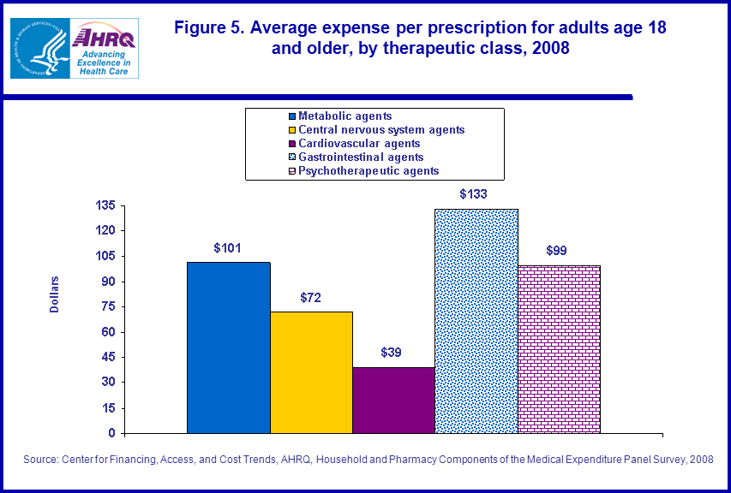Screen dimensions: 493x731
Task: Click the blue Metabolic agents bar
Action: pyautogui.click(x=229, y=347)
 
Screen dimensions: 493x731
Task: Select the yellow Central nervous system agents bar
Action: pyautogui.click(x=311, y=372)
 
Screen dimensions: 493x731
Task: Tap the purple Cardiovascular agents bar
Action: pyautogui.click(x=393, y=400)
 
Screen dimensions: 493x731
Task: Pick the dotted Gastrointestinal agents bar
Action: pyautogui.click(x=476, y=321)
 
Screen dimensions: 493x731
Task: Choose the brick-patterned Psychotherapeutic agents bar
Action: pyautogui.click(x=559, y=349)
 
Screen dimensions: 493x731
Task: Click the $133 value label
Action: pyautogui.click(x=473, y=194)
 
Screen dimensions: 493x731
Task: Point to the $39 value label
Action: pyautogui.click(x=392, y=353)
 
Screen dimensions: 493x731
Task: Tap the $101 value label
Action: pyautogui.click(x=227, y=248)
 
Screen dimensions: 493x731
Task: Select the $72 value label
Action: pyautogui.click(x=310, y=297)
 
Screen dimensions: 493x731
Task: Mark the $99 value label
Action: pyautogui.click(x=556, y=251)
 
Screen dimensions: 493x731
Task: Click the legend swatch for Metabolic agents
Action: pyautogui.click(x=291, y=116)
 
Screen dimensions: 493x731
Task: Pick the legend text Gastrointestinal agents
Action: pyautogui.click(x=361, y=157)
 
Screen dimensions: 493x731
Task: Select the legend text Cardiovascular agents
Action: pyautogui.click(x=359, y=144)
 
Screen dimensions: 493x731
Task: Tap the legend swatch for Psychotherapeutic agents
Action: pyautogui.click(x=291, y=171)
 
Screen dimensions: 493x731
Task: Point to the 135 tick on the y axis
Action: pyautogui.click(x=105, y=206)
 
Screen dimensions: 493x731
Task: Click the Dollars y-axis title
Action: pyautogui.click(x=55, y=294)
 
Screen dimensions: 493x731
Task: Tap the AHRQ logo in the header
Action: pyautogui.click(x=105, y=48)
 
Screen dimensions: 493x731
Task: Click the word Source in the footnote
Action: pyautogui.click(x=39, y=460)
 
